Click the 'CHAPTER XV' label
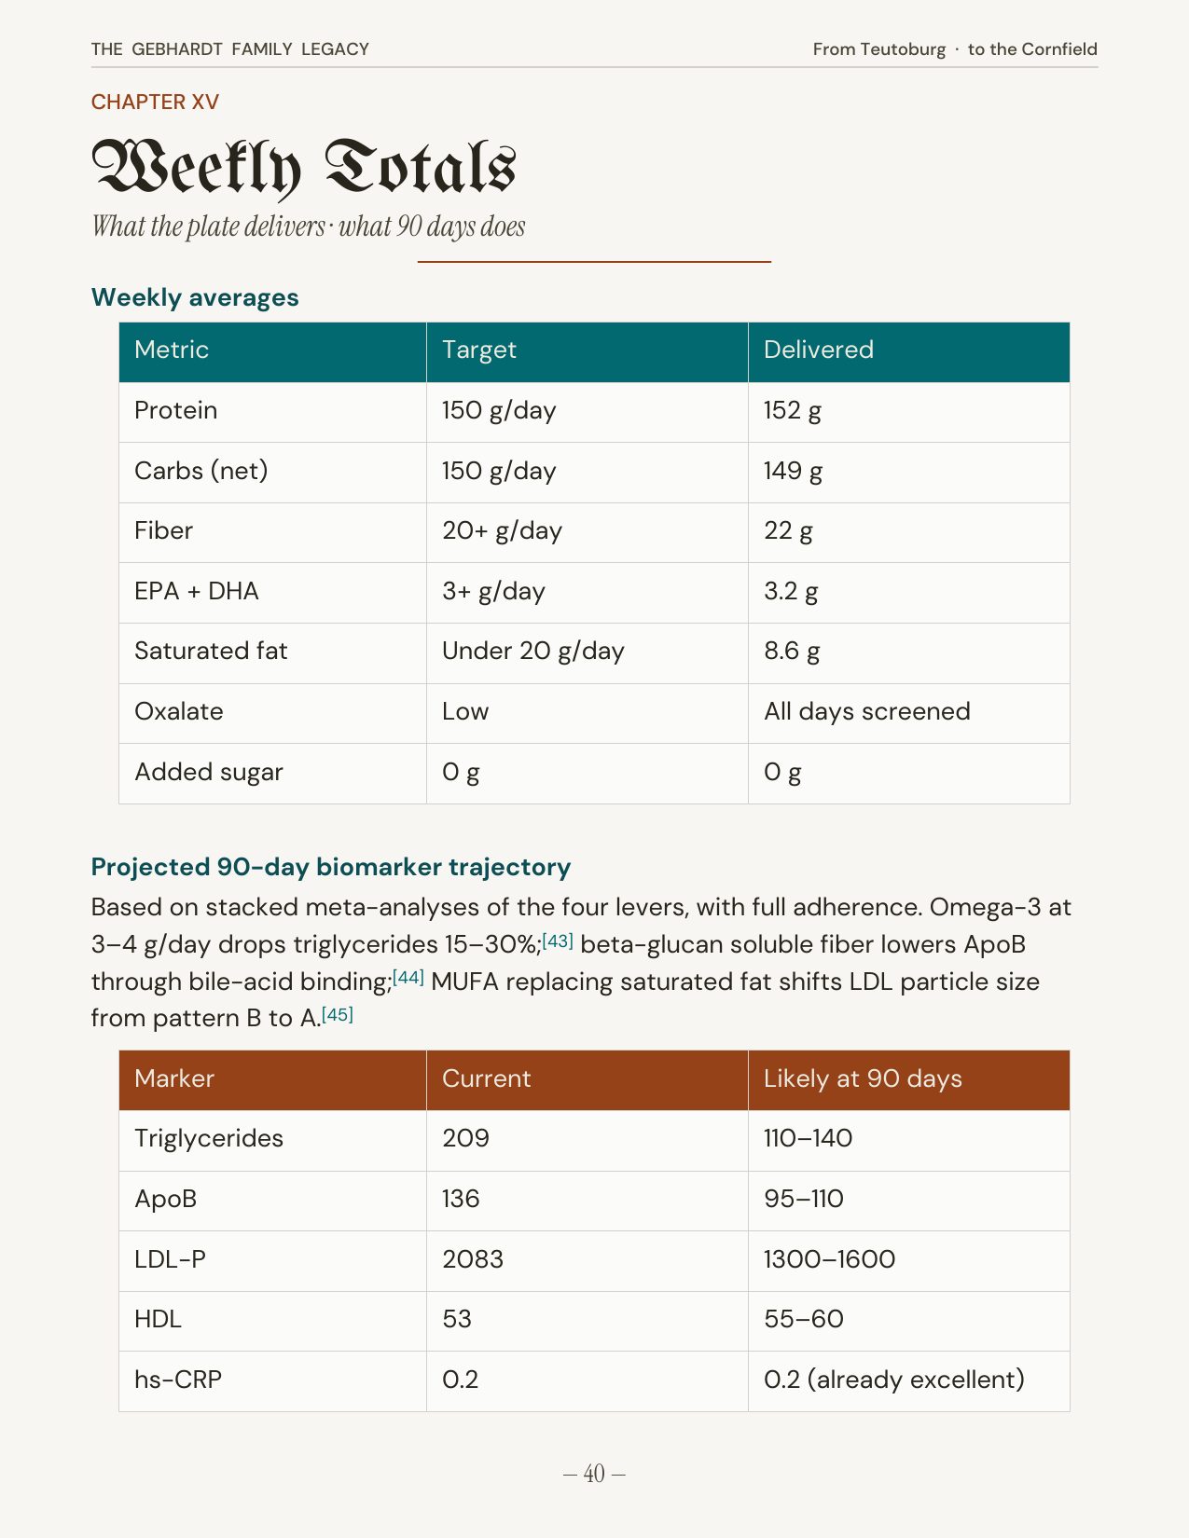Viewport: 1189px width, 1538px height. tap(155, 102)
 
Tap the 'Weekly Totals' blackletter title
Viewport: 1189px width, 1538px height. tap(303, 168)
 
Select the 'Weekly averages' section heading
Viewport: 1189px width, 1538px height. tap(195, 297)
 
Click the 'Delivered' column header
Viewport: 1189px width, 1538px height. tap(818, 350)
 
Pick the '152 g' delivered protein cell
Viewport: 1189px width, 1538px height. tap(792, 410)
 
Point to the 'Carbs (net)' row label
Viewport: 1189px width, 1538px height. tap(200, 471)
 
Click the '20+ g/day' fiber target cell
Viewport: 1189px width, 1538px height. tap(502, 530)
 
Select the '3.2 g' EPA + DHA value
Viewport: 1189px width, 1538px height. tap(791, 591)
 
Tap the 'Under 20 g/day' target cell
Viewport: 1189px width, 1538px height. tap(532, 651)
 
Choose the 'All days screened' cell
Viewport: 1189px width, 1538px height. tap(866, 711)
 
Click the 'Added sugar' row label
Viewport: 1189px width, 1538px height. tap(208, 772)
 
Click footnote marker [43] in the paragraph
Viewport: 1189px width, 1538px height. tap(557, 941)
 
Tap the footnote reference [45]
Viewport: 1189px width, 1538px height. tap(337, 1014)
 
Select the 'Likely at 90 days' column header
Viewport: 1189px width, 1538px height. tap(862, 1078)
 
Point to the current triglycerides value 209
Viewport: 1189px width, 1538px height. tap(465, 1138)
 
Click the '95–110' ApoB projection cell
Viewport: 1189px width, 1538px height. tap(803, 1199)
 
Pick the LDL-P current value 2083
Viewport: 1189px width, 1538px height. tap(472, 1259)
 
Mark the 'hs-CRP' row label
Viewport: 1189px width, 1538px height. tap(178, 1380)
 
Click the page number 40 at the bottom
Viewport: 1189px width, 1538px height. tap(594, 1474)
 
